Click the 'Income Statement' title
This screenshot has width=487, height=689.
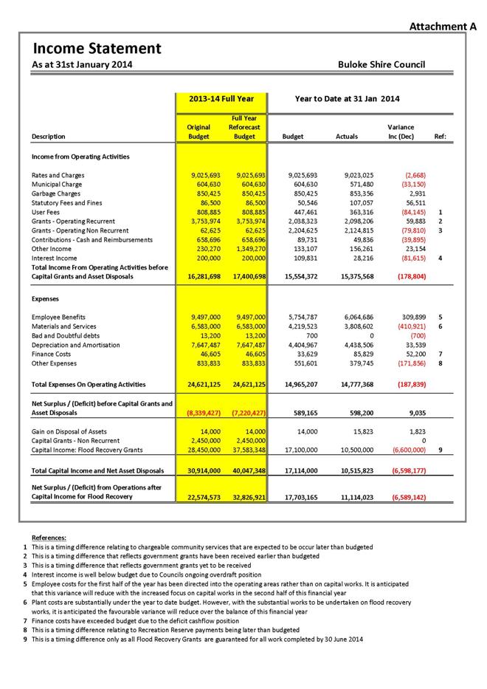97,49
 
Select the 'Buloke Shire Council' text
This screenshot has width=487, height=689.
381,65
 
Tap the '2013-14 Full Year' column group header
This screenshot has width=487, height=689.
221,99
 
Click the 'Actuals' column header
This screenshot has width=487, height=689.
346,137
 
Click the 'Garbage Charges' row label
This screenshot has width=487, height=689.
56,193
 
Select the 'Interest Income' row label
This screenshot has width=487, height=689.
54,258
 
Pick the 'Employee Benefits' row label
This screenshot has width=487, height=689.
58,318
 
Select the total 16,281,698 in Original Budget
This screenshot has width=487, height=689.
199,276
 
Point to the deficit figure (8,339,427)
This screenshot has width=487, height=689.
199,414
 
